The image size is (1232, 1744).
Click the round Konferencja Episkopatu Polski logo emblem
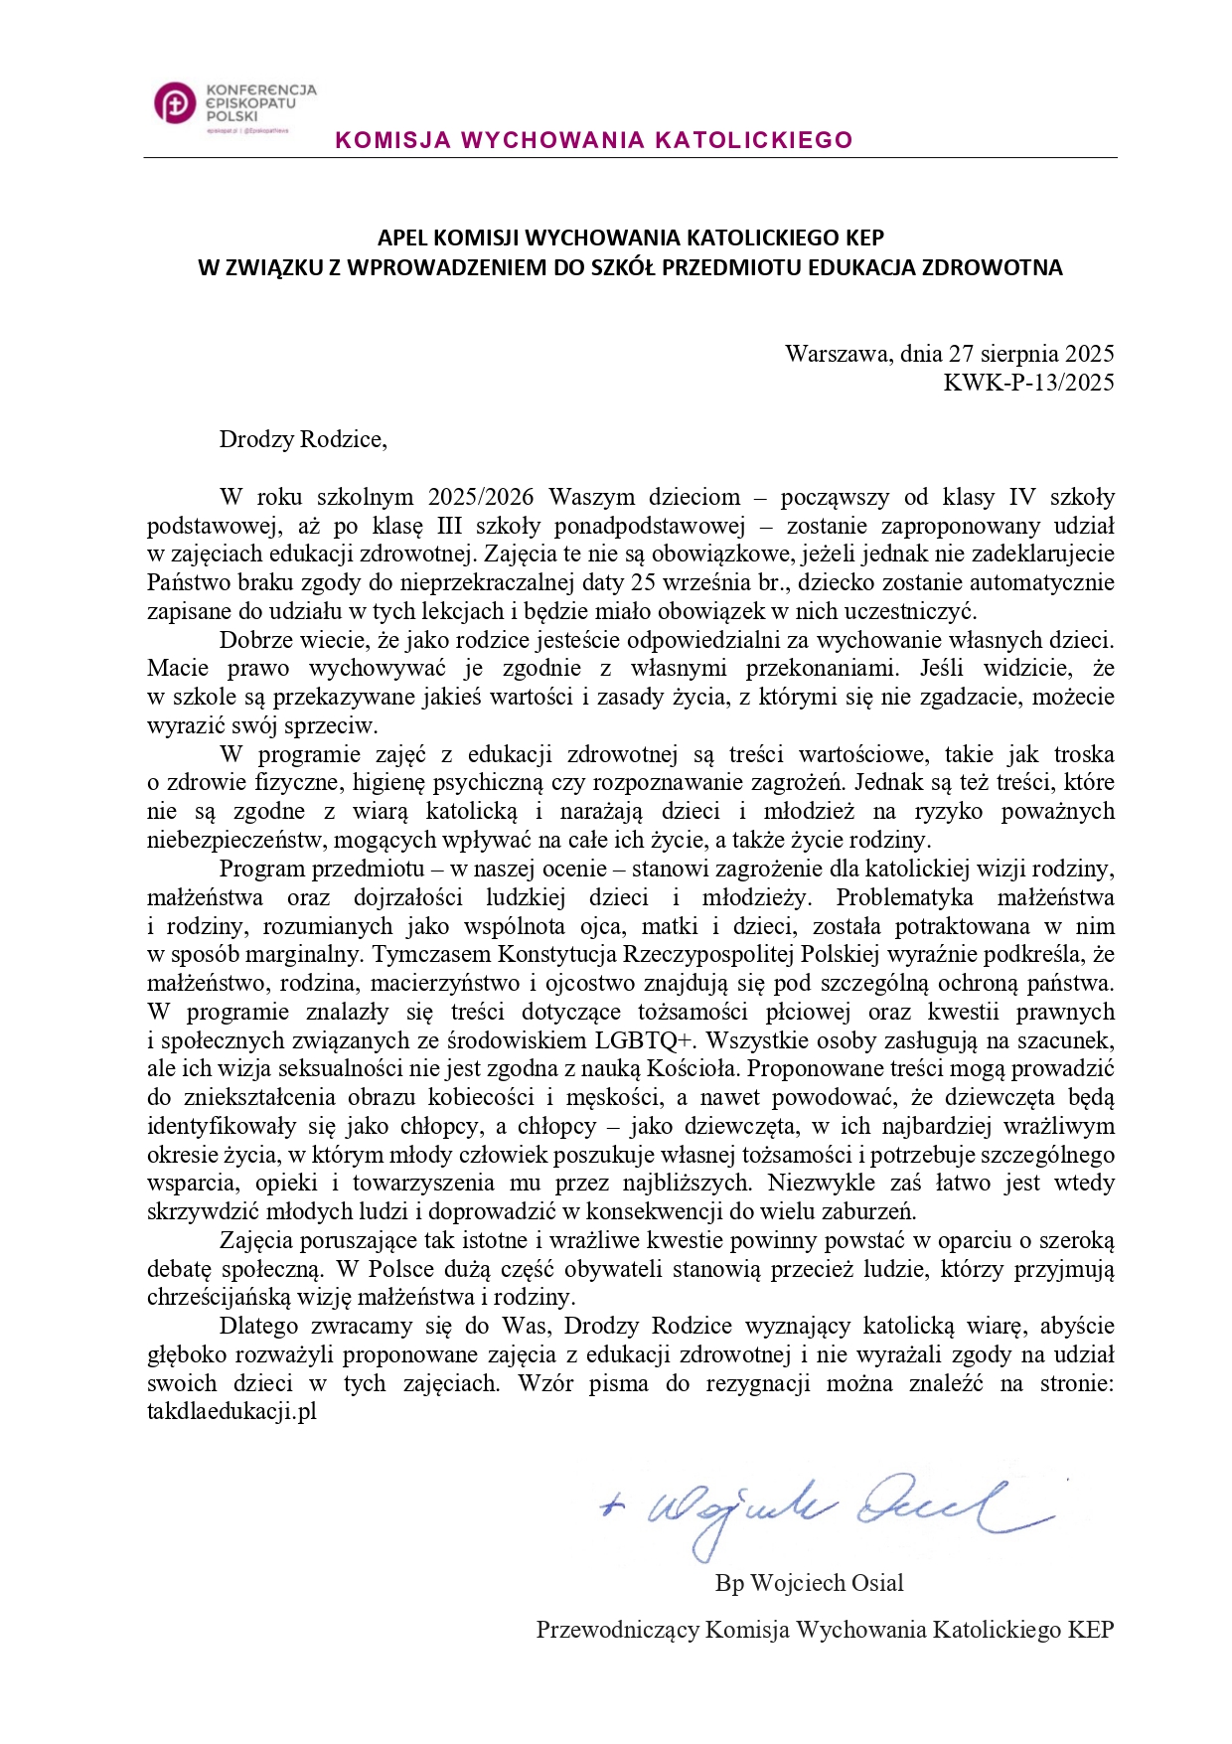tap(175, 103)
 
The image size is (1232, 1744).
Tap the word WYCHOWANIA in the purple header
tap(549, 140)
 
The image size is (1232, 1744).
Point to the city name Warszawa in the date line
tap(837, 354)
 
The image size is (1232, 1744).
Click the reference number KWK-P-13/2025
tap(1028, 383)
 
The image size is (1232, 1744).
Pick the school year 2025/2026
tap(481, 497)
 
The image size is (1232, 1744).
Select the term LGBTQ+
tap(645, 1040)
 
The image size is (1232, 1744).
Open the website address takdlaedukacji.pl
tap(231, 1412)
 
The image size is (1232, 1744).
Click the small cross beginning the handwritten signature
tap(612, 1506)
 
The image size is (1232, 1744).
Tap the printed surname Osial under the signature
tap(873, 1583)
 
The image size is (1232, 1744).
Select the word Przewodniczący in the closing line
tap(617, 1630)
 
